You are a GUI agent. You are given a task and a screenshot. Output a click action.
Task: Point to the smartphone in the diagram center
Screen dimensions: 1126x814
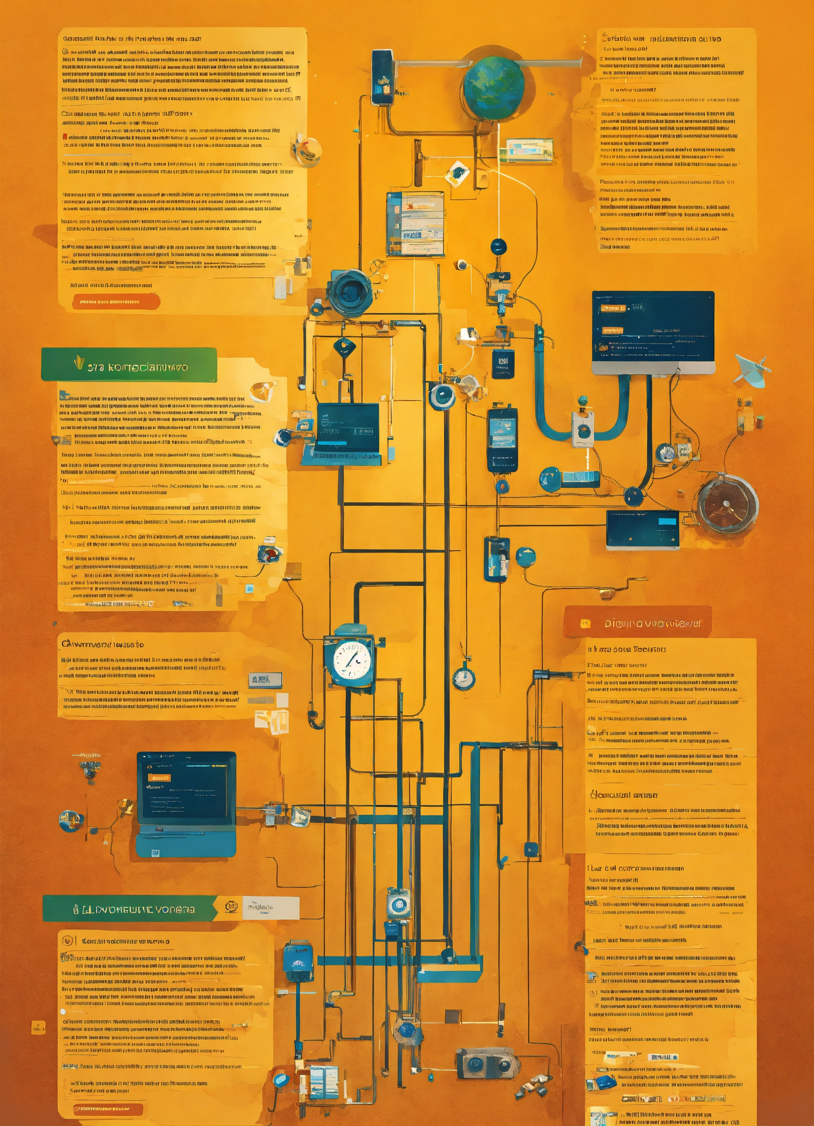(x=502, y=439)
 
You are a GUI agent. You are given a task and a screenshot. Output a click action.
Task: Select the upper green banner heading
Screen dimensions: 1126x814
(x=129, y=365)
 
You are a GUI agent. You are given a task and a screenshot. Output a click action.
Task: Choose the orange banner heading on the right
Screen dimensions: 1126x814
(x=637, y=623)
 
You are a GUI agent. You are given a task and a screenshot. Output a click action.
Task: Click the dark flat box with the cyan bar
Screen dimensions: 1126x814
(x=643, y=530)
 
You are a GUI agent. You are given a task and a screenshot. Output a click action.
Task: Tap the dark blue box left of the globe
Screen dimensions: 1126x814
(x=382, y=77)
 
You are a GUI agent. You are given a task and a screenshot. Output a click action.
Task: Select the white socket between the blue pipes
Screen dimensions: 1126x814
(x=583, y=429)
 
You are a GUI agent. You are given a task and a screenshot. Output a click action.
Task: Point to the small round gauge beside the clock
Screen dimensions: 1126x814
(x=463, y=678)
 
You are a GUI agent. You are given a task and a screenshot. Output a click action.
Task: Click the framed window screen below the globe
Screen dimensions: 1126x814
(x=415, y=223)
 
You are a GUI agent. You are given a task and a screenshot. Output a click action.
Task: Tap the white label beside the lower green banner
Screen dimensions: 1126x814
(x=271, y=908)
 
